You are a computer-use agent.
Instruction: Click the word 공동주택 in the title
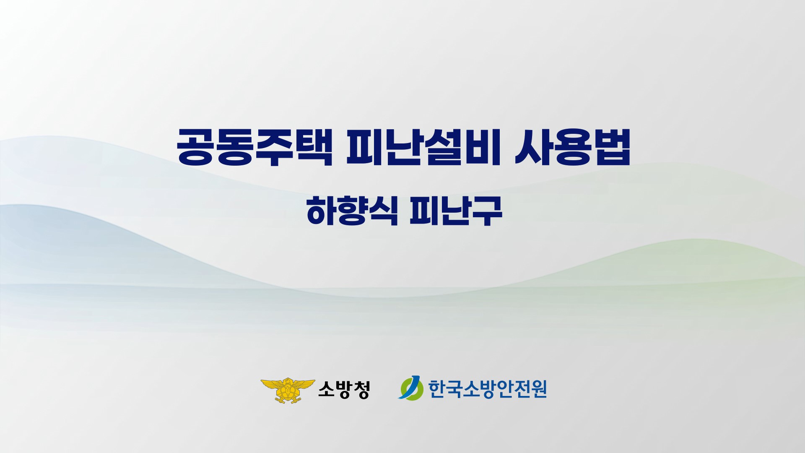(x=255, y=147)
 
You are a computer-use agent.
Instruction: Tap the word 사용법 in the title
(x=572, y=147)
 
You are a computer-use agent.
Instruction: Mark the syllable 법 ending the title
(x=612, y=147)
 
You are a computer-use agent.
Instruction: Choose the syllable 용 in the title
(x=572, y=147)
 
